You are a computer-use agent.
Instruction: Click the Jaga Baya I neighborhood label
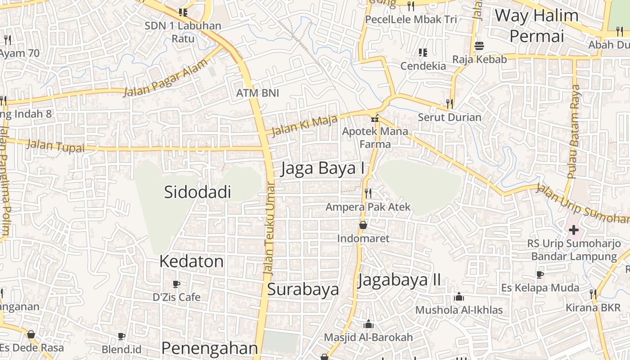click(323, 168)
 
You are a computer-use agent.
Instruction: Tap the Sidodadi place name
click(197, 192)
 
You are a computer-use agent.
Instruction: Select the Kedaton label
click(191, 261)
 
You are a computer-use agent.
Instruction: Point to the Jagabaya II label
click(399, 280)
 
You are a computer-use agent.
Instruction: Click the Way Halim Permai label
click(536, 25)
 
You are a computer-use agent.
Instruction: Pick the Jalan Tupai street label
click(55, 146)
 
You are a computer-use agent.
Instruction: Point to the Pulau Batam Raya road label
click(575, 131)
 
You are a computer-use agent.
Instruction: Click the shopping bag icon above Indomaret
click(363, 225)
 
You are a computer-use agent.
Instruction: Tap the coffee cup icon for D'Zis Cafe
click(176, 284)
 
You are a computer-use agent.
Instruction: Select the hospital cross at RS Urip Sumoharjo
click(573, 230)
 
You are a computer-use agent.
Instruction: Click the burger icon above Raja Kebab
click(479, 46)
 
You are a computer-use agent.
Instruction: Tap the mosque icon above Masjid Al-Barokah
click(368, 324)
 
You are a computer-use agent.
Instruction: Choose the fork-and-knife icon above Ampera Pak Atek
click(368, 193)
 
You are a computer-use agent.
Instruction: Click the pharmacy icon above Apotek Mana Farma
click(374, 119)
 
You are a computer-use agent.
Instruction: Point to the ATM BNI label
click(257, 93)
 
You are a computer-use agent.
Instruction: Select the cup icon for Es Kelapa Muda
click(540, 274)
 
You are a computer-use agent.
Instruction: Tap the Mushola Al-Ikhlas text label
click(459, 310)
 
